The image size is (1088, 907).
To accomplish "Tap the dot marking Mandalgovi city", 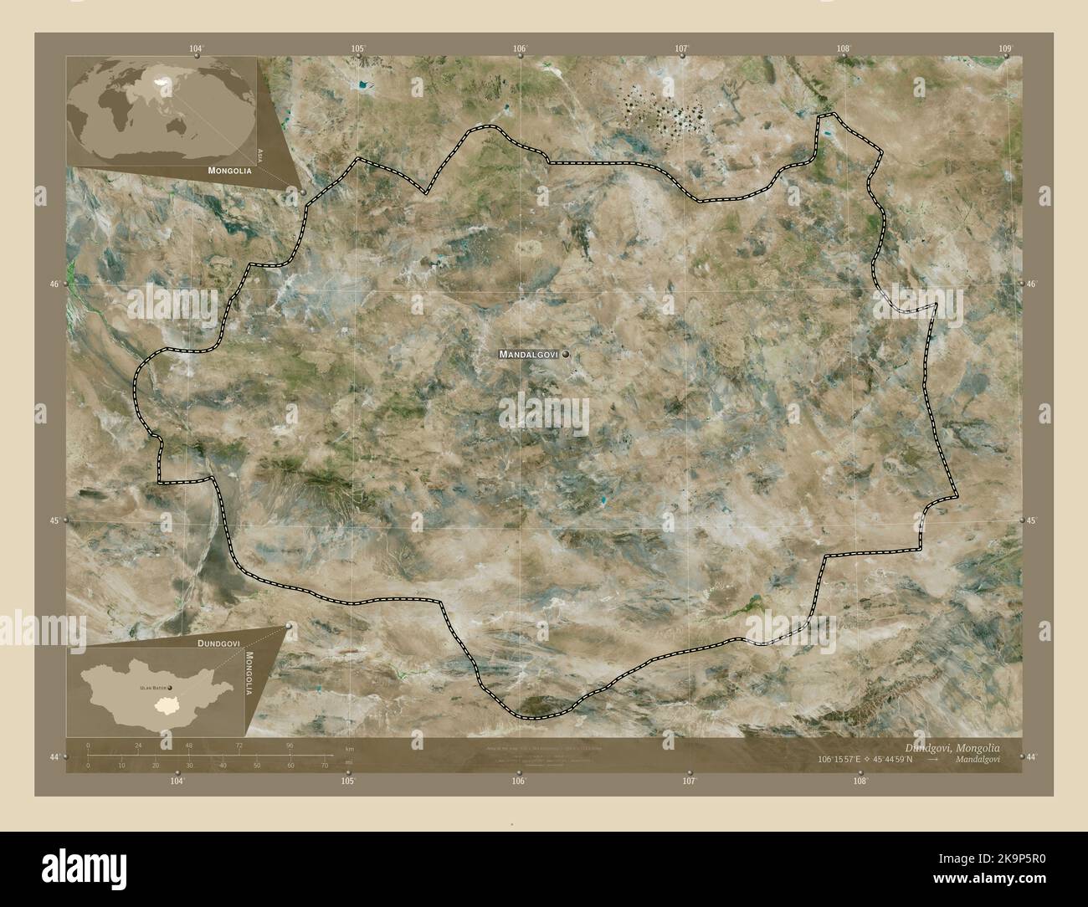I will pyautogui.click(x=567, y=355).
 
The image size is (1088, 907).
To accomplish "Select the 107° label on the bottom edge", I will pyautogui.click(x=689, y=781).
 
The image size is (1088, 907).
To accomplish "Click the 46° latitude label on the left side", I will pyautogui.click(x=54, y=284).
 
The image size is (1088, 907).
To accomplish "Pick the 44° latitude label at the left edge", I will pyautogui.click(x=54, y=756).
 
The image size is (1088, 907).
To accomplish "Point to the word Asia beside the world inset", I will pyautogui.click(x=261, y=154).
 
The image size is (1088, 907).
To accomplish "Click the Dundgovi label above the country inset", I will pyautogui.click(x=219, y=643).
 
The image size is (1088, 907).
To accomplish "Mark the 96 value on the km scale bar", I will pyautogui.click(x=290, y=745).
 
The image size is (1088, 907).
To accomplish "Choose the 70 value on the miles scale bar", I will pyautogui.click(x=324, y=765).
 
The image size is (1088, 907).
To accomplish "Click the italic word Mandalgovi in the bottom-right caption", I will pyautogui.click(x=976, y=761).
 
